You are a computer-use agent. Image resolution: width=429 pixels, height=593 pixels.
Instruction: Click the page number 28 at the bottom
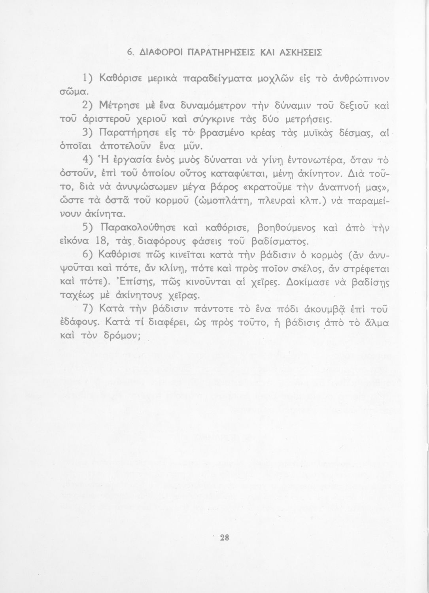point(225,538)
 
